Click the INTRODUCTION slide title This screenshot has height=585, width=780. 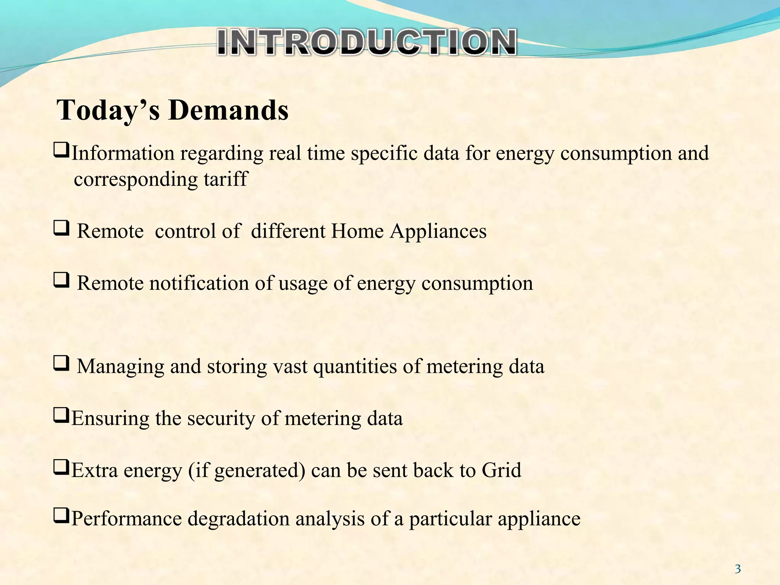(x=367, y=42)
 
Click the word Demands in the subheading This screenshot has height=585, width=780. (x=229, y=110)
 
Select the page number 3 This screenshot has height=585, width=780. (x=738, y=569)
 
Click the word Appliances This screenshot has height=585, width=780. (x=438, y=231)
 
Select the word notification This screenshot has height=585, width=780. (x=199, y=283)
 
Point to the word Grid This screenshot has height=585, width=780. (x=501, y=470)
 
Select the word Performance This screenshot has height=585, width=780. (x=126, y=519)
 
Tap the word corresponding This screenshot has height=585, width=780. (x=136, y=180)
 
